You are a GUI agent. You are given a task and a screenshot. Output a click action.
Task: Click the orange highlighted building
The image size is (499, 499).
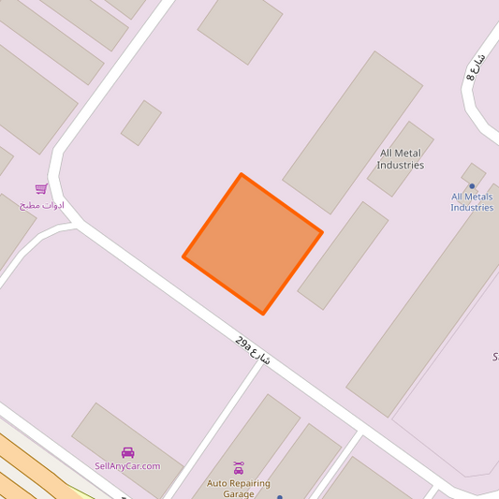click(253, 243)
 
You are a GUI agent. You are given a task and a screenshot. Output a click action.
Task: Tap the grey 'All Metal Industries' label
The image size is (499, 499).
click(401, 159)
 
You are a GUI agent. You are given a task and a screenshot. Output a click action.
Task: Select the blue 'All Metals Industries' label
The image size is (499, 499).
click(472, 202)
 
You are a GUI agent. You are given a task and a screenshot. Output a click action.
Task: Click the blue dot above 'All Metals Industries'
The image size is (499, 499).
click(472, 186)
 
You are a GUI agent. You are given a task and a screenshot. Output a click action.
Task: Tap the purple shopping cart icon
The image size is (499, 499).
click(41, 189)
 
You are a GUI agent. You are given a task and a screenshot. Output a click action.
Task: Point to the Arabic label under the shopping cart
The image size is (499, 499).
click(42, 204)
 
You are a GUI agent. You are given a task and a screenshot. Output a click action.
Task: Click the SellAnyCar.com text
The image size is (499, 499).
click(127, 465)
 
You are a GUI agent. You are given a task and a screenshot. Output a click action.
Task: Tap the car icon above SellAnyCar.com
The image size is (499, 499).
click(128, 452)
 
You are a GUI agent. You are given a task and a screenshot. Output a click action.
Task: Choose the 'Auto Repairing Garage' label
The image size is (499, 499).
click(239, 488)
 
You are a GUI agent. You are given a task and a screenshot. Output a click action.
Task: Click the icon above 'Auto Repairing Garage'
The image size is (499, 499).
click(239, 467)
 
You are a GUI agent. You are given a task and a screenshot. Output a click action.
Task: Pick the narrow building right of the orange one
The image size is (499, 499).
click(343, 255)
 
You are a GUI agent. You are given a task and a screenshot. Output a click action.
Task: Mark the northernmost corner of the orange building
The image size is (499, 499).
click(242, 174)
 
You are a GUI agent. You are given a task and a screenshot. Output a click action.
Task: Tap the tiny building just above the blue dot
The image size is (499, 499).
click(473, 173)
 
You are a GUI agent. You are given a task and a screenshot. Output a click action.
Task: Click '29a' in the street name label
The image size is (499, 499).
click(243, 344)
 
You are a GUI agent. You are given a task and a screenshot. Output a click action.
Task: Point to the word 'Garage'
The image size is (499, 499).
click(239, 493)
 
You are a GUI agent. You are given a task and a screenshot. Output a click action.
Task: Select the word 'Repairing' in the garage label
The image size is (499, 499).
click(249, 483)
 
